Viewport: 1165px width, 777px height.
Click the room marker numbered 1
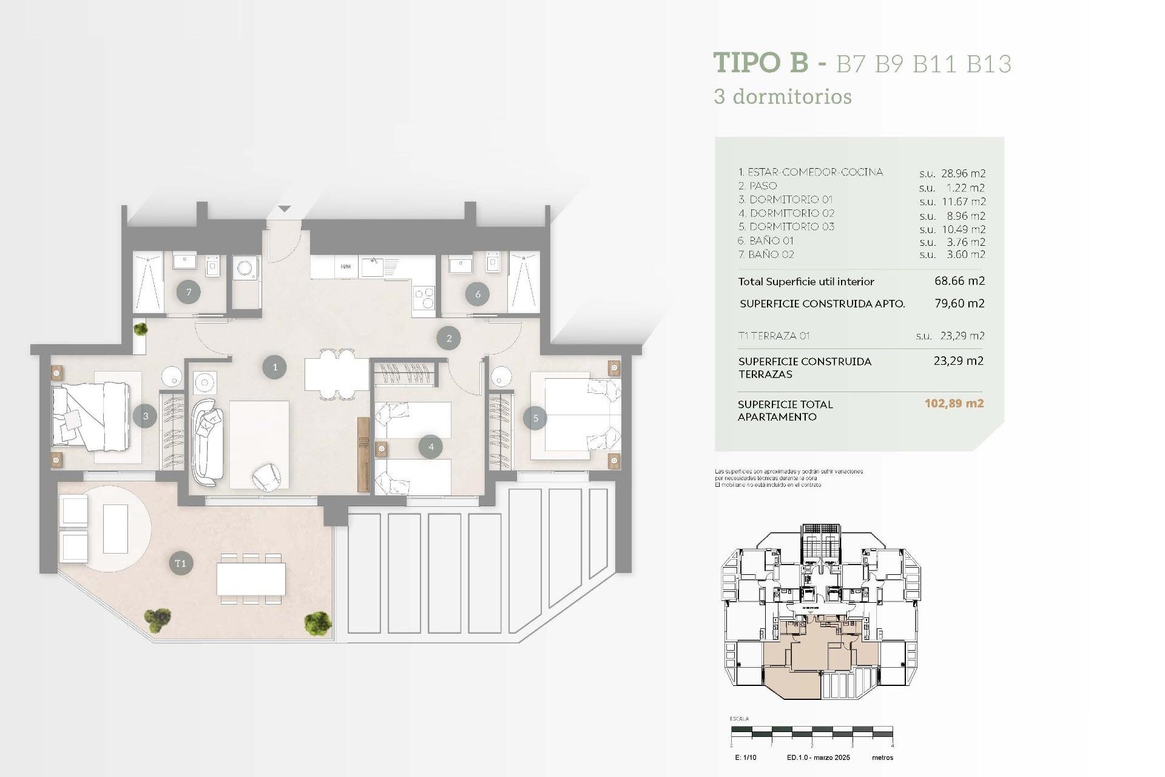click(274, 367)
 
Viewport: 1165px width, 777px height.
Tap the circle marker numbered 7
click(189, 293)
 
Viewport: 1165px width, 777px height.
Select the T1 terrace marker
click(180, 563)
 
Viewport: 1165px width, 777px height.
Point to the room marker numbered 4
click(431, 447)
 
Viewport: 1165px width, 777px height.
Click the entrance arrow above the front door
click(284, 209)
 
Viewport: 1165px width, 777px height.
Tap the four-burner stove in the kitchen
click(424, 298)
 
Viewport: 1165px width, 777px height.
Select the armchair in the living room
click(267, 476)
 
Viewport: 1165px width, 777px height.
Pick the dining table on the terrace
click(251, 579)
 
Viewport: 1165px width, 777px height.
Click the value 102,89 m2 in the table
click(954, 404)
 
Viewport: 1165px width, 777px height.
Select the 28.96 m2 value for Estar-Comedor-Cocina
click(963, 174)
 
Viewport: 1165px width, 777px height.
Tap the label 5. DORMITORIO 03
click(786, 227)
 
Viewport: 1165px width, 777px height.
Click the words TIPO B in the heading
click(761, 63)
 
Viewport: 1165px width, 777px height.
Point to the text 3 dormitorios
click(783, 97)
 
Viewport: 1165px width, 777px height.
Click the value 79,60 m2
click(959, 304)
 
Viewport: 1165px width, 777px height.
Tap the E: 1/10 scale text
click(746, 758)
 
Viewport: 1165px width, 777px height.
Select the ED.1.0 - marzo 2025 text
click(818, 758)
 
